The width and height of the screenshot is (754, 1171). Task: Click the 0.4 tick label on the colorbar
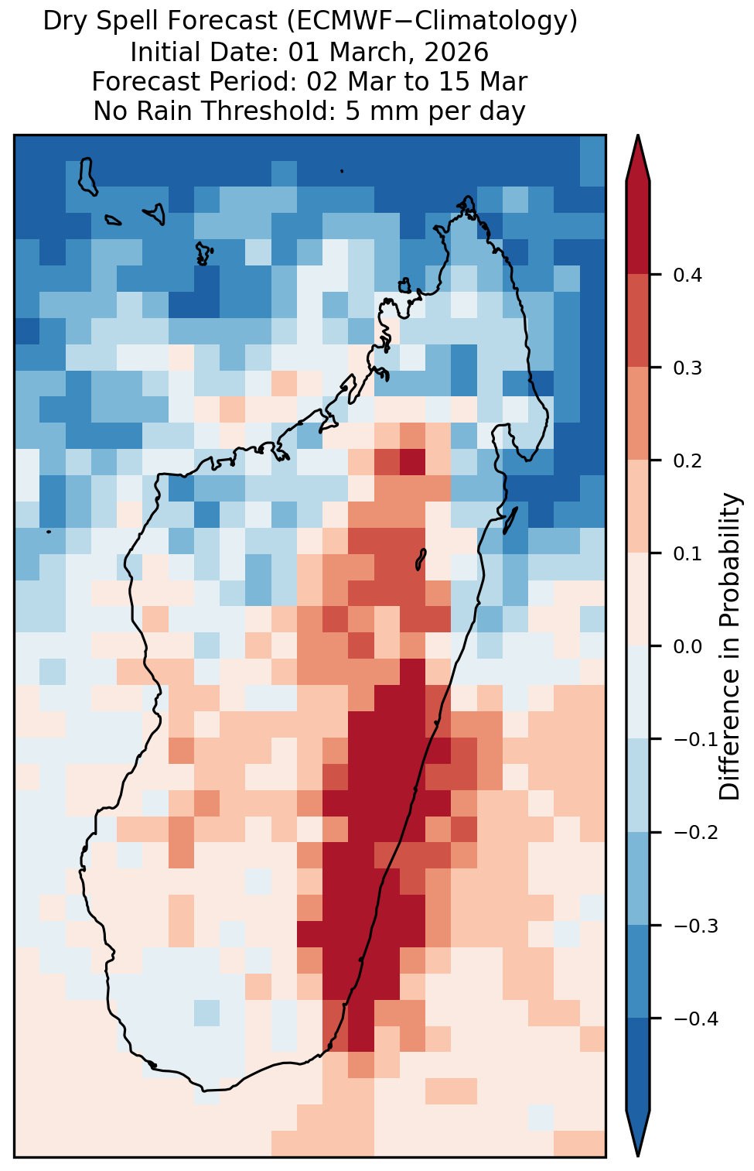click(x=687, y=275)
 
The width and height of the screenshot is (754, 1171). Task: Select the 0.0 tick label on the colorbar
click(x=687, y=647)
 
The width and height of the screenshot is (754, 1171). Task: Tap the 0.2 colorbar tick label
click(x=687, y=461)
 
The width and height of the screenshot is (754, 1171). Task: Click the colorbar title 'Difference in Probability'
click(x=730, y=646)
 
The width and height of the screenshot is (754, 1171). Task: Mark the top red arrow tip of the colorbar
click(x=638, y=135)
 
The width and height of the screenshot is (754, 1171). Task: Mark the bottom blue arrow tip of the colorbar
click(x=638, y=1157)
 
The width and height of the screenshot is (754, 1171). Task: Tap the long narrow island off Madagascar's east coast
click(x=510, y=520)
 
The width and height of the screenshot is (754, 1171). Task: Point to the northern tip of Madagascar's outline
click(x=468, y=197)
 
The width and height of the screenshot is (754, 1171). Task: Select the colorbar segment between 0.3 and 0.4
click(x=638, y=321)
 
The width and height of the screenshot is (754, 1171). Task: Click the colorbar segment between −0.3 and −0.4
click(x=638, y=972)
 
